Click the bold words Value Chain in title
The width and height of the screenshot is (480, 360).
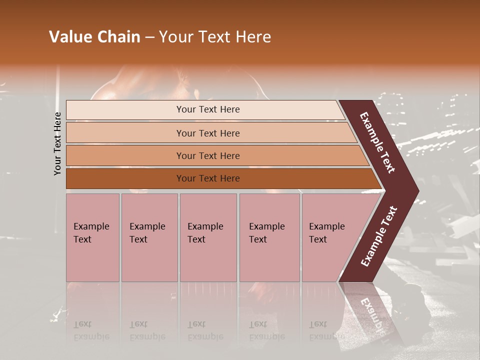(x=94, y=37)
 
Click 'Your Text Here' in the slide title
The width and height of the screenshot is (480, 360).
(x=215, y=37)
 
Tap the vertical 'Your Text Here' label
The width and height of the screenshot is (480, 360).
(x=57, y=143)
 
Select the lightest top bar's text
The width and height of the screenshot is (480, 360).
(x=208, y=109)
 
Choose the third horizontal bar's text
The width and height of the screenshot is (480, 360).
(x=208, y=156)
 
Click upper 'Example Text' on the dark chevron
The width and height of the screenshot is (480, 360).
(x=377, y=142)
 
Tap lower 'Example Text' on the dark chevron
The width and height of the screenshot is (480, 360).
(x=379, y=236)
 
